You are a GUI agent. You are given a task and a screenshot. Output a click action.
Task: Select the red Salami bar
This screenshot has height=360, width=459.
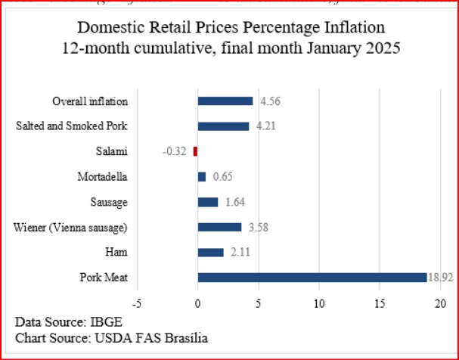(195, 151)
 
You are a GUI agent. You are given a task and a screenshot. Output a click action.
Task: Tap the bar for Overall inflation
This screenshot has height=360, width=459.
(225, 101)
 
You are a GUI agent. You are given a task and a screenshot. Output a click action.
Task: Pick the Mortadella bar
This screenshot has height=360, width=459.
(201, 176)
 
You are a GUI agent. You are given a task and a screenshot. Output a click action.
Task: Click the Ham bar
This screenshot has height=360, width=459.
(210, 253)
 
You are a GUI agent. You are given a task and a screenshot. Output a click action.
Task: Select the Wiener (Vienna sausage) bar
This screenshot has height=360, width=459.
(219, 227)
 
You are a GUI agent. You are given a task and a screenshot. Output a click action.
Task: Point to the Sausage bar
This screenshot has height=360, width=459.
(207, 202)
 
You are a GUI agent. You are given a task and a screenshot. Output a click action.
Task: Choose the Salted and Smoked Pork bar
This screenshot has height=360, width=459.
(223, 126)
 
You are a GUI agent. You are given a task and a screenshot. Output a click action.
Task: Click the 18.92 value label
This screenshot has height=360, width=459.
(441, 278)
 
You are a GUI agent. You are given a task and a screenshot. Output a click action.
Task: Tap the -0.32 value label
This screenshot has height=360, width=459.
(175, 151)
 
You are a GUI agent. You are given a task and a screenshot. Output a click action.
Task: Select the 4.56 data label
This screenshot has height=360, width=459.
(270, 101)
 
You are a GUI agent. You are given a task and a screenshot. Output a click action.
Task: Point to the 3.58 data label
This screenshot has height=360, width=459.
(258, 227)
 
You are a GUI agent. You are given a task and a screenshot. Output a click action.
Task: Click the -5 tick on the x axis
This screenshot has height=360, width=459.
(136, 303)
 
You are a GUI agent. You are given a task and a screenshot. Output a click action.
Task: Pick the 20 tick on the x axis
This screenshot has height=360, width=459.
(442, 303)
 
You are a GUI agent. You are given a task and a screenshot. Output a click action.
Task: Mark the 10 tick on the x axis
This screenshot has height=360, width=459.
(320, 303)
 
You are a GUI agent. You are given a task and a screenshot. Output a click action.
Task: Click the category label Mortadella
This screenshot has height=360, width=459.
(102, 176)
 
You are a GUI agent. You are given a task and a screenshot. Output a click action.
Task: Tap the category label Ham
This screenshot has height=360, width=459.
(117, 253)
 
